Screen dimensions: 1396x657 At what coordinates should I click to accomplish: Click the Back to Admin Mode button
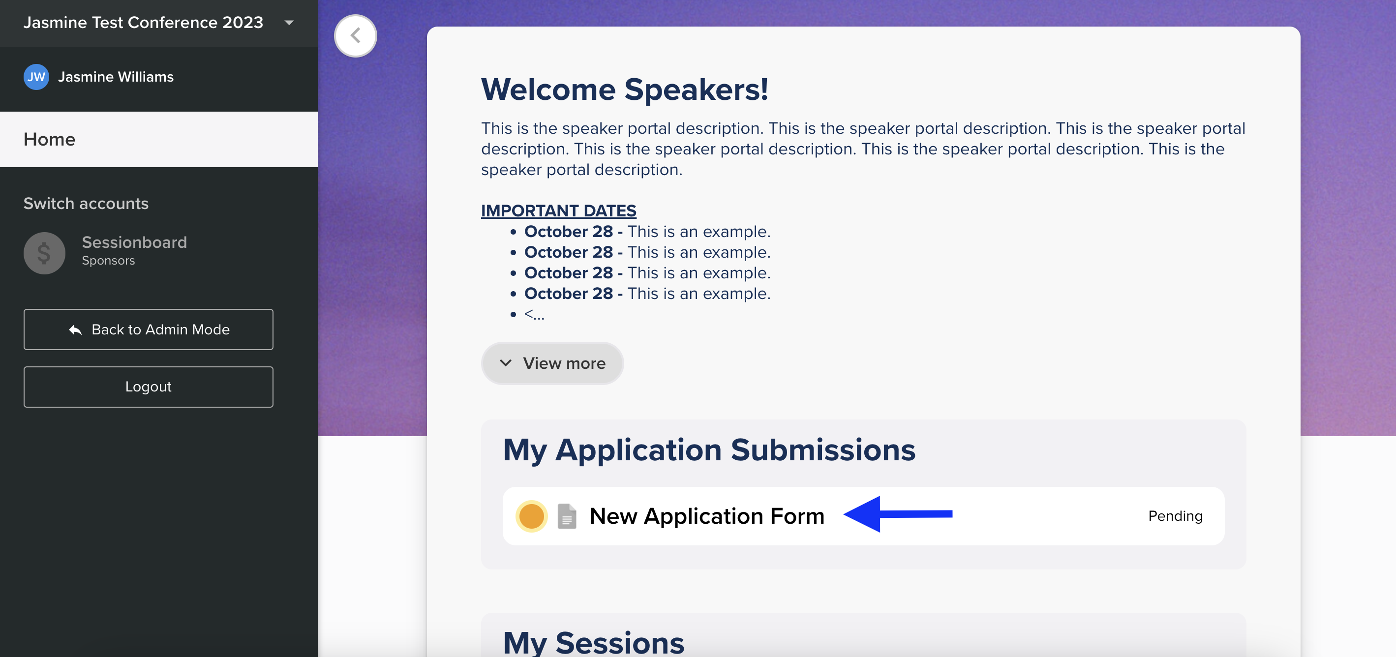coord(148,329)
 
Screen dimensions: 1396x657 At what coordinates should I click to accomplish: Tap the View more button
coord(552,363)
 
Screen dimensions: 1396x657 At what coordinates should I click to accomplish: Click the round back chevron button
coord(356,36)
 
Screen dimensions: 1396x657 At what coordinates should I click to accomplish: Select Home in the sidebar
coord(49,139)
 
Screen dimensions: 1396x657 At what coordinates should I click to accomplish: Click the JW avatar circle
coord(36,77)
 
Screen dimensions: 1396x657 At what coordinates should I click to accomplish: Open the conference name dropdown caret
coord(289,23)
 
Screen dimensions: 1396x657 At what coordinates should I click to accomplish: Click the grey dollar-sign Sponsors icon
coord(44,253)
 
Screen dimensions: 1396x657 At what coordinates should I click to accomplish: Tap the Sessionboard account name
coord(134,242)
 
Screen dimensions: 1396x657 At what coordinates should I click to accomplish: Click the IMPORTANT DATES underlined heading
coord(559,210)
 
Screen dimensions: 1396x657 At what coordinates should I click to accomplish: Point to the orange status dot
coord(531,516)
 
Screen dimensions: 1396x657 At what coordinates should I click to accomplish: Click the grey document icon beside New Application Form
coord(567,516)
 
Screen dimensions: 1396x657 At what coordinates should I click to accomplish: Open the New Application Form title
coord(707,516)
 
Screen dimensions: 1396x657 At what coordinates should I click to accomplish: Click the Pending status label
coord(1176,516)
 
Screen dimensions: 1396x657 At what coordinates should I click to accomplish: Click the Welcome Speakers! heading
coord(625,90)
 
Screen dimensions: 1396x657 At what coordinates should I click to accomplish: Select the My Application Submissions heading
coord(709,449)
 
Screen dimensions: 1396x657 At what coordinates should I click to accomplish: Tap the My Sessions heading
coord(593,642)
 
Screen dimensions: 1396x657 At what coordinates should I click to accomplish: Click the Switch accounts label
coord(86,204)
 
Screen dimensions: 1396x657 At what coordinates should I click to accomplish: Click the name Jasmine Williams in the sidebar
coord(116,77)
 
